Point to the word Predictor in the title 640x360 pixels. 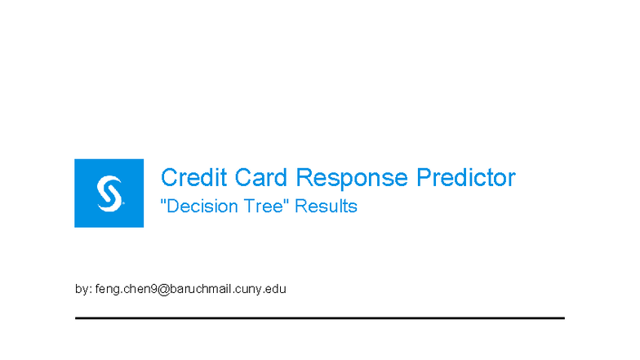466,177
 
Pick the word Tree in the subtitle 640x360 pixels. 260,207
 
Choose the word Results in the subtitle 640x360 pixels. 327,207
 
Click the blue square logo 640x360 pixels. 109,193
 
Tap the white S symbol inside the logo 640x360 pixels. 109,193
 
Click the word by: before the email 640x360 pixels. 82,289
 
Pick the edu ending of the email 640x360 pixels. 276,289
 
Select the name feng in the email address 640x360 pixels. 106,290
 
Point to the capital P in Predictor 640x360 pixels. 424,177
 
